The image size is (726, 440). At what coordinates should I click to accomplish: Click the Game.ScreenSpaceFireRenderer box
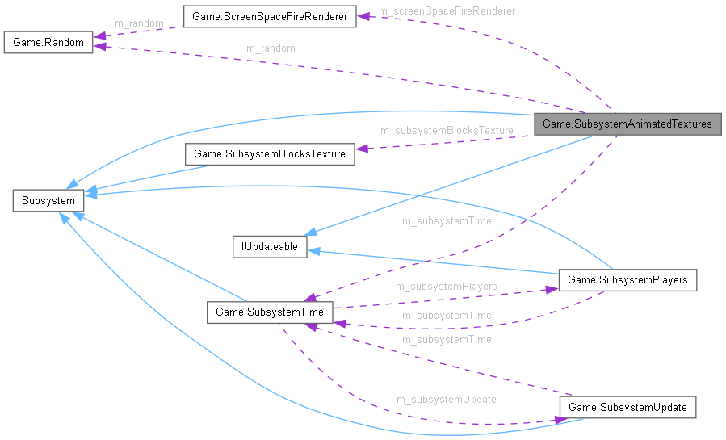(x=270, y=16)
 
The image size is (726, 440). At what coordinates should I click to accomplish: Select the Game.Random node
(x=48, y=42)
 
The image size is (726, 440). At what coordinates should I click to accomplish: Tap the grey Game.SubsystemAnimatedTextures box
(x=627, y=124)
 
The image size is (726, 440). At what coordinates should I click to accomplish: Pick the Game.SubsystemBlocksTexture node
(x=270, y=153)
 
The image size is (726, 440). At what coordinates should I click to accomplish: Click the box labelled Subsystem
(x=48, y=200)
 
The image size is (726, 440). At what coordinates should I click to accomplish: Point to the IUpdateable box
(x=270, y=247)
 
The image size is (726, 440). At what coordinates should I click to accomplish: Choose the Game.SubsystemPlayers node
(x=627, y=280)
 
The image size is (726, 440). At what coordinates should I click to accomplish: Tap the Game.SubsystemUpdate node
(x=627, y=407)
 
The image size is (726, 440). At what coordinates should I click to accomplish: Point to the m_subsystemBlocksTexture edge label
(x=447, y=130)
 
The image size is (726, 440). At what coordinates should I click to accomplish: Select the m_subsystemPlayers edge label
(x=446, y=286)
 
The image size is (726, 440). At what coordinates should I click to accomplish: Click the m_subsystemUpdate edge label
(x=446, y=399)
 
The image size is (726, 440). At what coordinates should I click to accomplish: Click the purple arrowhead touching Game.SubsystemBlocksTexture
(x=361, y=148)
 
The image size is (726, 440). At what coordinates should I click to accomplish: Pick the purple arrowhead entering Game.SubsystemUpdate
(x=556, y=419)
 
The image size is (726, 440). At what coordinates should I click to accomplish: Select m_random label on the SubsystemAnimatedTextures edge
(x=271, y=48)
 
